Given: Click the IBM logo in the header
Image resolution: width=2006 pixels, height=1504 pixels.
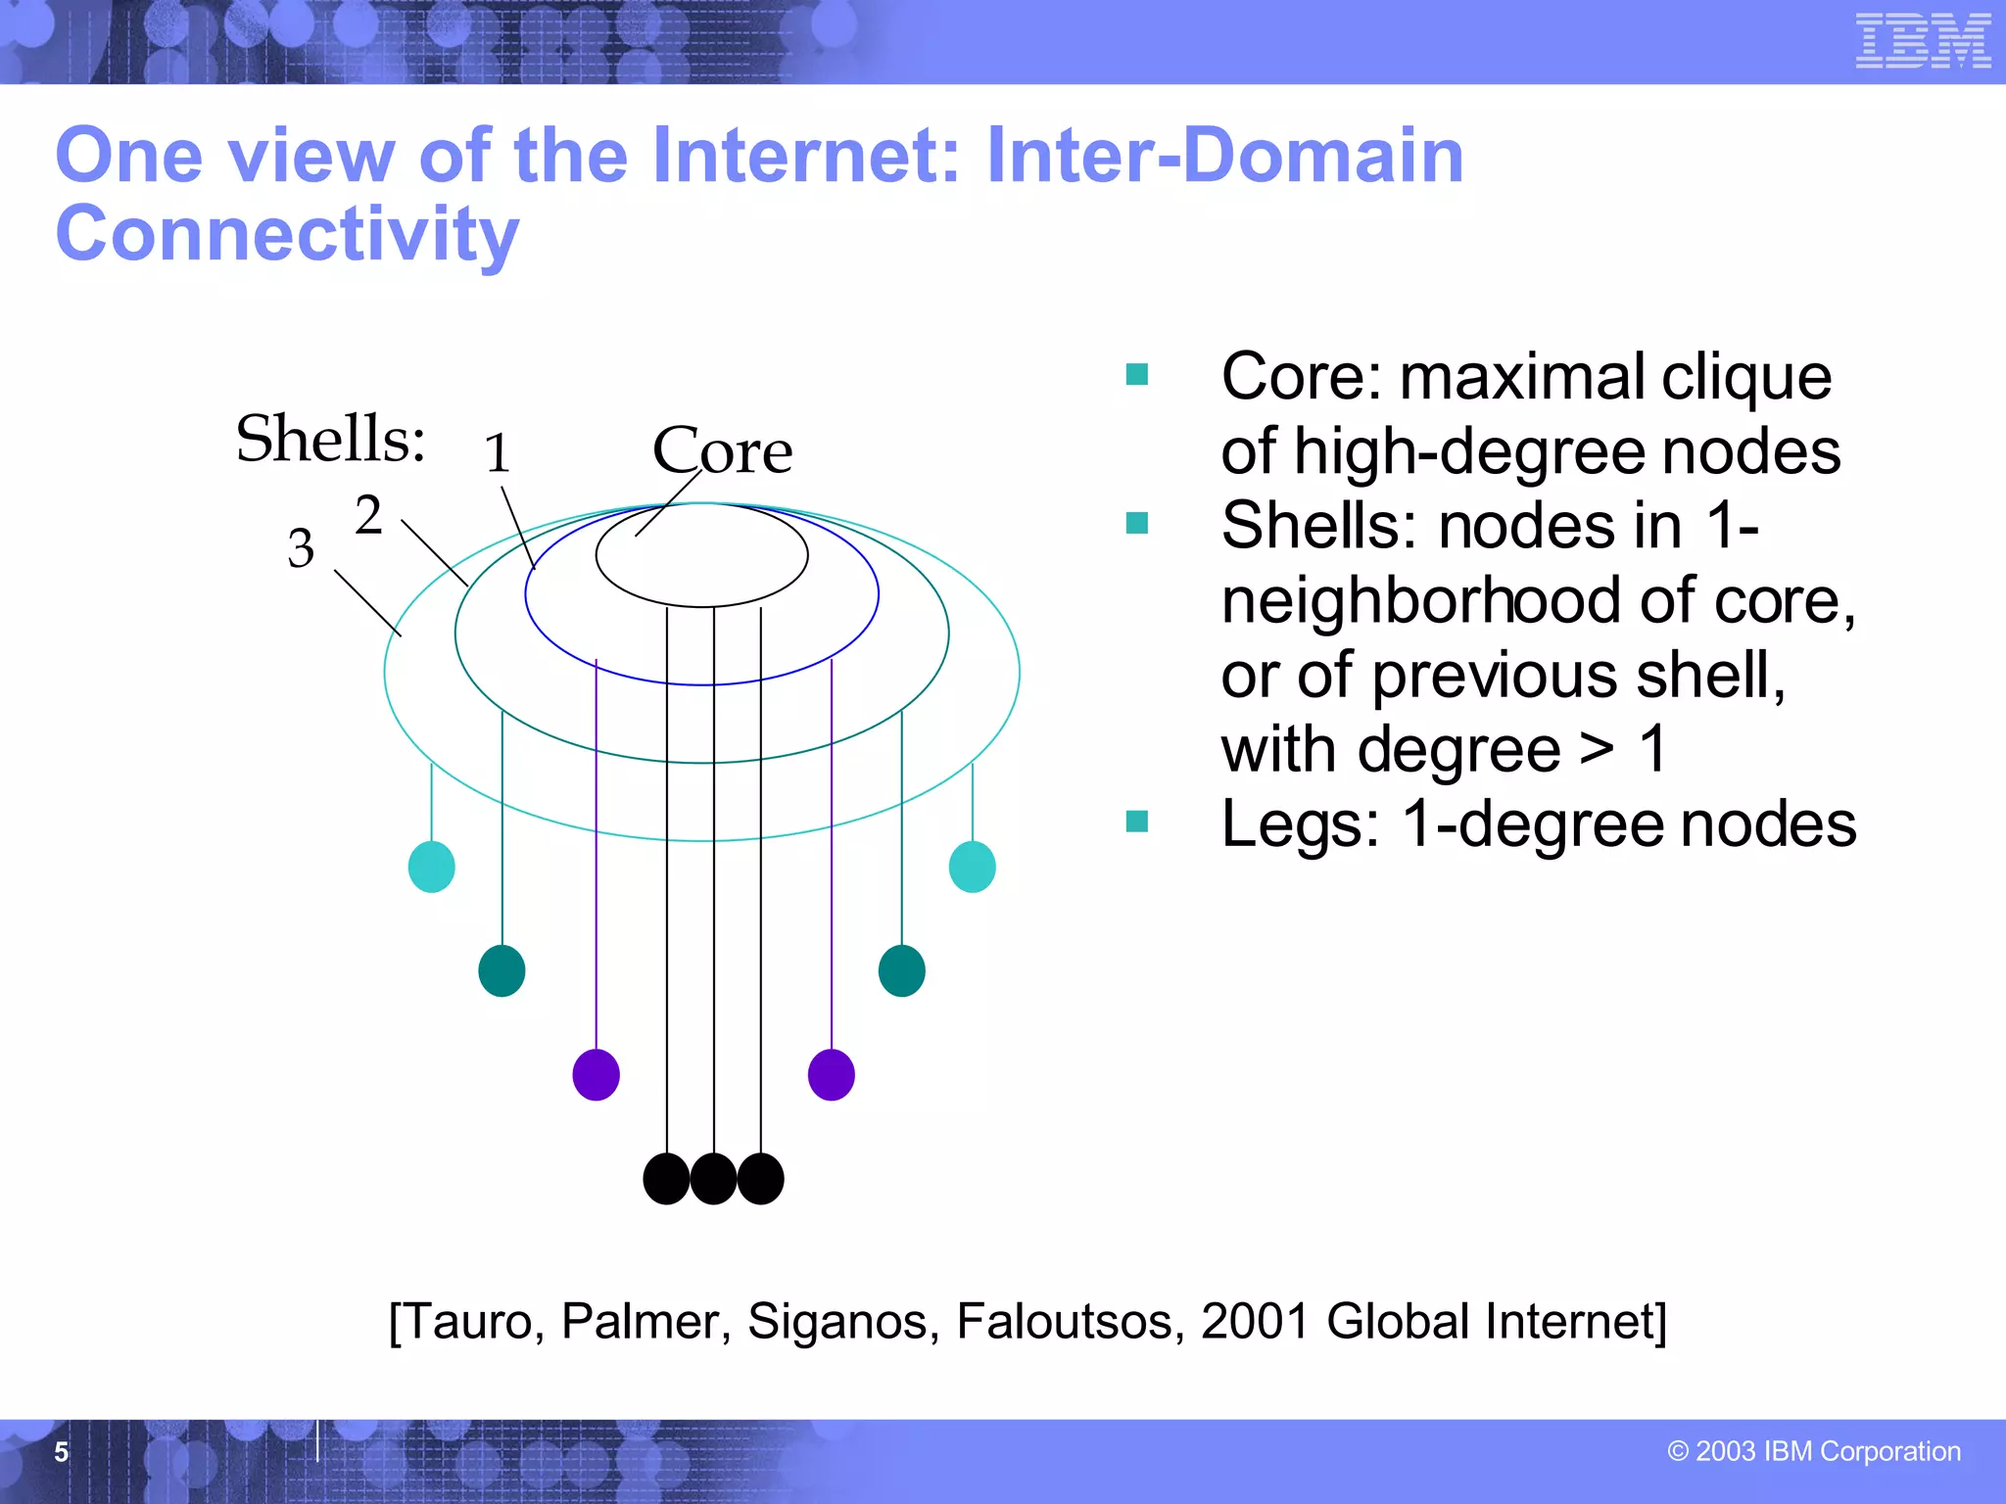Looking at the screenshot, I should point(1923,41).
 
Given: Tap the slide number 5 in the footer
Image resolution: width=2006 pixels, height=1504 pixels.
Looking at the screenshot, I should point(61,1451).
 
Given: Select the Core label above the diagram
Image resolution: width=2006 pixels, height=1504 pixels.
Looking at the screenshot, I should point(723,450).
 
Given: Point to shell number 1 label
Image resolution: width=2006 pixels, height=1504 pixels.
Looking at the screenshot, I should point(498,453).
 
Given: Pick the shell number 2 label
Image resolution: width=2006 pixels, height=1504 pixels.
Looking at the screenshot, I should point(368,515).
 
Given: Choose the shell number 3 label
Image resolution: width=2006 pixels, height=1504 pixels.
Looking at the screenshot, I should point(301,548).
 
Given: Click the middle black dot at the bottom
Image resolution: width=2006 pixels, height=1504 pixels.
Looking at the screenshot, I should point(713,1178).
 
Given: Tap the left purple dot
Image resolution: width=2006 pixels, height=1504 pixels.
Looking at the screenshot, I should point(596,1074).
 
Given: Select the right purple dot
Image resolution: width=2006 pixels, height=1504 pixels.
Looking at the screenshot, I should point(831,1074).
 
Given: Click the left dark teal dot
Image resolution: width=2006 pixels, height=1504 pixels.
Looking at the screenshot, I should point(501,970).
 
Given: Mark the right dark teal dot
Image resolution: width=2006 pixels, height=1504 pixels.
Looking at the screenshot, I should point(901,970).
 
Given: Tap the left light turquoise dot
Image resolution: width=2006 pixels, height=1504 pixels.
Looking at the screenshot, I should point(431,867).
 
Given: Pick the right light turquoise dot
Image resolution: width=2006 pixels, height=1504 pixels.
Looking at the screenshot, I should point(972,867).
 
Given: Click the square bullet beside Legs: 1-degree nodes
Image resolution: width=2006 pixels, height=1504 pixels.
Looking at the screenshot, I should point(1136,821).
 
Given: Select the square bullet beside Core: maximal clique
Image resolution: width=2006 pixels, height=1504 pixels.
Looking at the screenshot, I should point(1136,374).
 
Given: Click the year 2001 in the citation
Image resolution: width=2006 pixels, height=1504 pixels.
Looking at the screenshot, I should point(1255,1321).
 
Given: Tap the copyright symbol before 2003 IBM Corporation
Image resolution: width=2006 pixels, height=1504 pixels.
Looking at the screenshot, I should point(1678,1451).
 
